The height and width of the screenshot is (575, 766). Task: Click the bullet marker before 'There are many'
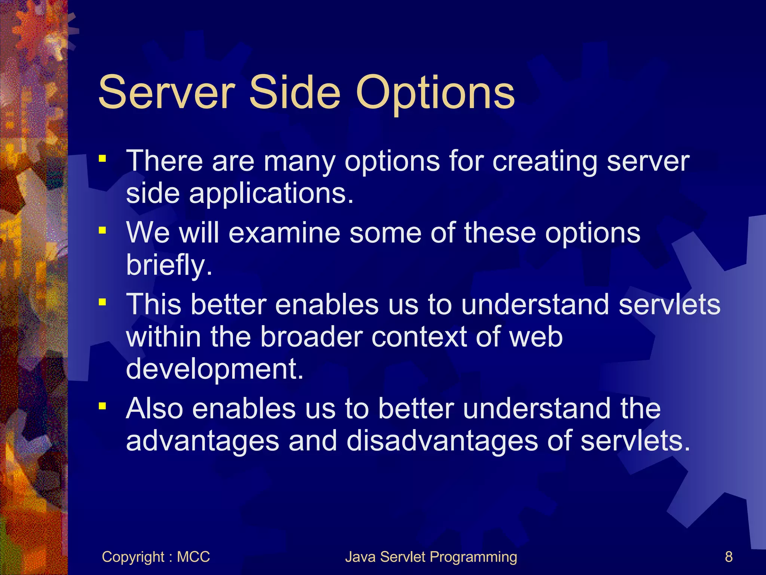click(x=102, y=159)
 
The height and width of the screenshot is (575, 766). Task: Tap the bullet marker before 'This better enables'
click(x=102, y=302)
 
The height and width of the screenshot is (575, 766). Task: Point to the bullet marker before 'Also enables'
click(x=102, y=406)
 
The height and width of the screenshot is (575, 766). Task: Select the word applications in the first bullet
click(x=271, y=195)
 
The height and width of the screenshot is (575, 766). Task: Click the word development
click(x=214, y=369)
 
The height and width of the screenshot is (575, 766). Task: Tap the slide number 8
click(x=729, y=557)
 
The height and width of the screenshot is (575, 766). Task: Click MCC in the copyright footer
click(x=193, y=557)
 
